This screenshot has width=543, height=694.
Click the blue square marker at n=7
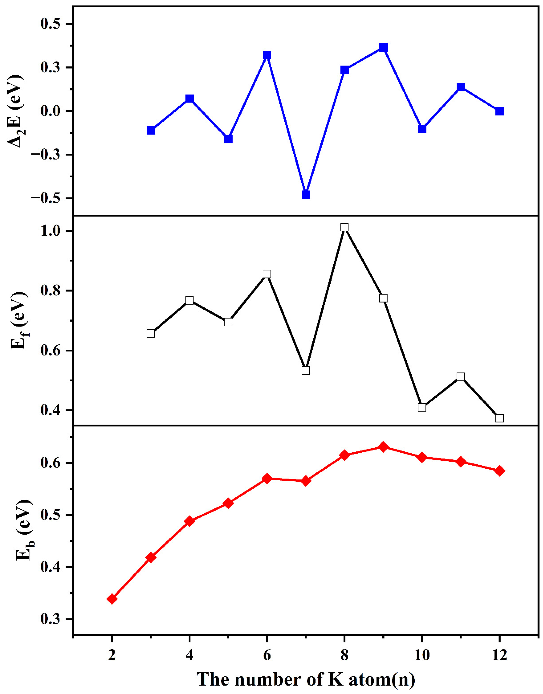coord(306,194)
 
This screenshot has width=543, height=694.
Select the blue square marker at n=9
coord(383,48)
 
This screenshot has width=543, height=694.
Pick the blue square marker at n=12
coord(499,111)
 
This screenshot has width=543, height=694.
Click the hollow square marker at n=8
coord(344,227)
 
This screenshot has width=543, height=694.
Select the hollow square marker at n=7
coord(306,370)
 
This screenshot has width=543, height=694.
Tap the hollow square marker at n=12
coord(499,418)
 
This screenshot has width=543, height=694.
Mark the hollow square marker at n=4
coord(190,300)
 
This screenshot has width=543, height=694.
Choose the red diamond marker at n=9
coord(383,447)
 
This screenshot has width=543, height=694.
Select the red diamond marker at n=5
coord(228,503)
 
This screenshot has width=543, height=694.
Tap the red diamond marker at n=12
coord(499,471)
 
